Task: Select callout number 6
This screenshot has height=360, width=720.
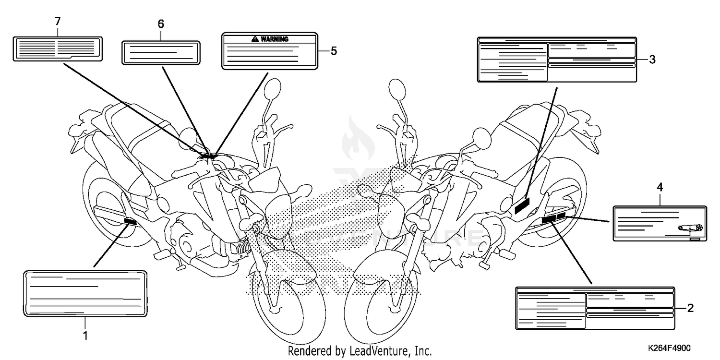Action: click(x=161, y=24)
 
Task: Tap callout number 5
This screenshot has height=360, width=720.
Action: click(x=334, y=50)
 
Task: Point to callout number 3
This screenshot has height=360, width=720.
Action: click(x=652, y=59)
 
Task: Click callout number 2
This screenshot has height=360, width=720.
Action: click(x=690, y=308)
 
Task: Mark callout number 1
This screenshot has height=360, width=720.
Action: click(x=85, y=335)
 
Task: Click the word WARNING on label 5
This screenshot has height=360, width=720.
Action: click(x=275, y=39)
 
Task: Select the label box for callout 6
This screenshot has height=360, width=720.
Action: click(x=160, y=52)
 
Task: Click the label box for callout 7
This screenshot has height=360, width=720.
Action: click(x=58, y=48)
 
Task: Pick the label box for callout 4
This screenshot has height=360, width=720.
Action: click(x=660, y=223)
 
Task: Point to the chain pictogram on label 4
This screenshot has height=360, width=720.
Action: click(x=691, y=228)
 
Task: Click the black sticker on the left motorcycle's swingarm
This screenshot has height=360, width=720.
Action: click(x=130, y=221)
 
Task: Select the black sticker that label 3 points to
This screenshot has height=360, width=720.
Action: click(x=522, y=207)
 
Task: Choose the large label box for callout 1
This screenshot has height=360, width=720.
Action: click(x=84, y=293)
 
